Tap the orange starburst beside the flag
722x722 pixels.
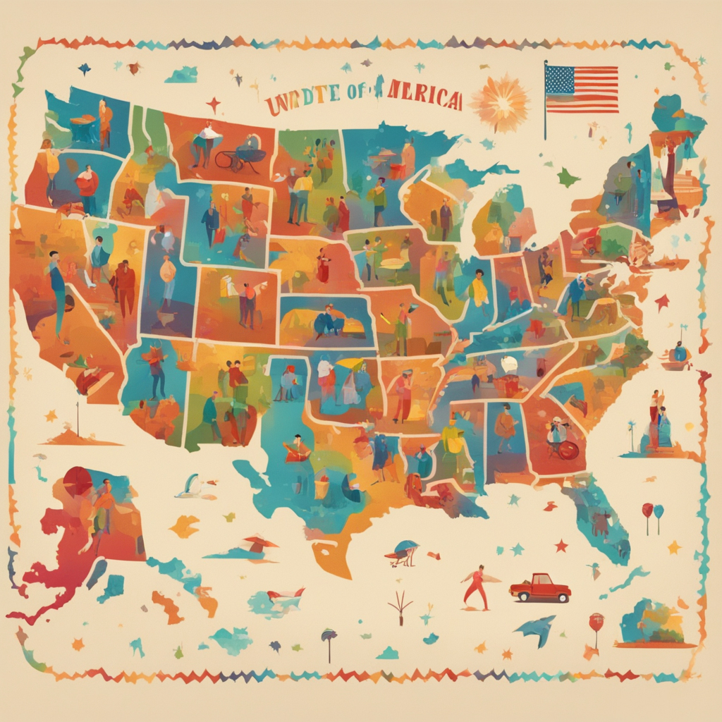point(500,102)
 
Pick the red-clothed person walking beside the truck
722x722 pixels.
point(477,587)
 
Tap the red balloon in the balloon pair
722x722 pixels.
point(647,509)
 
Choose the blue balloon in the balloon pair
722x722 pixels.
point(659,510)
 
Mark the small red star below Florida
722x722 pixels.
point(561,546)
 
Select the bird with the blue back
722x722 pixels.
point(405,551)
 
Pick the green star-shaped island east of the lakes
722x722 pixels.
point(568,178)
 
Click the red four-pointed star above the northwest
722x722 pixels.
point(214,104)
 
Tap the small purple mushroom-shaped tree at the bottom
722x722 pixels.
point(329,637)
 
